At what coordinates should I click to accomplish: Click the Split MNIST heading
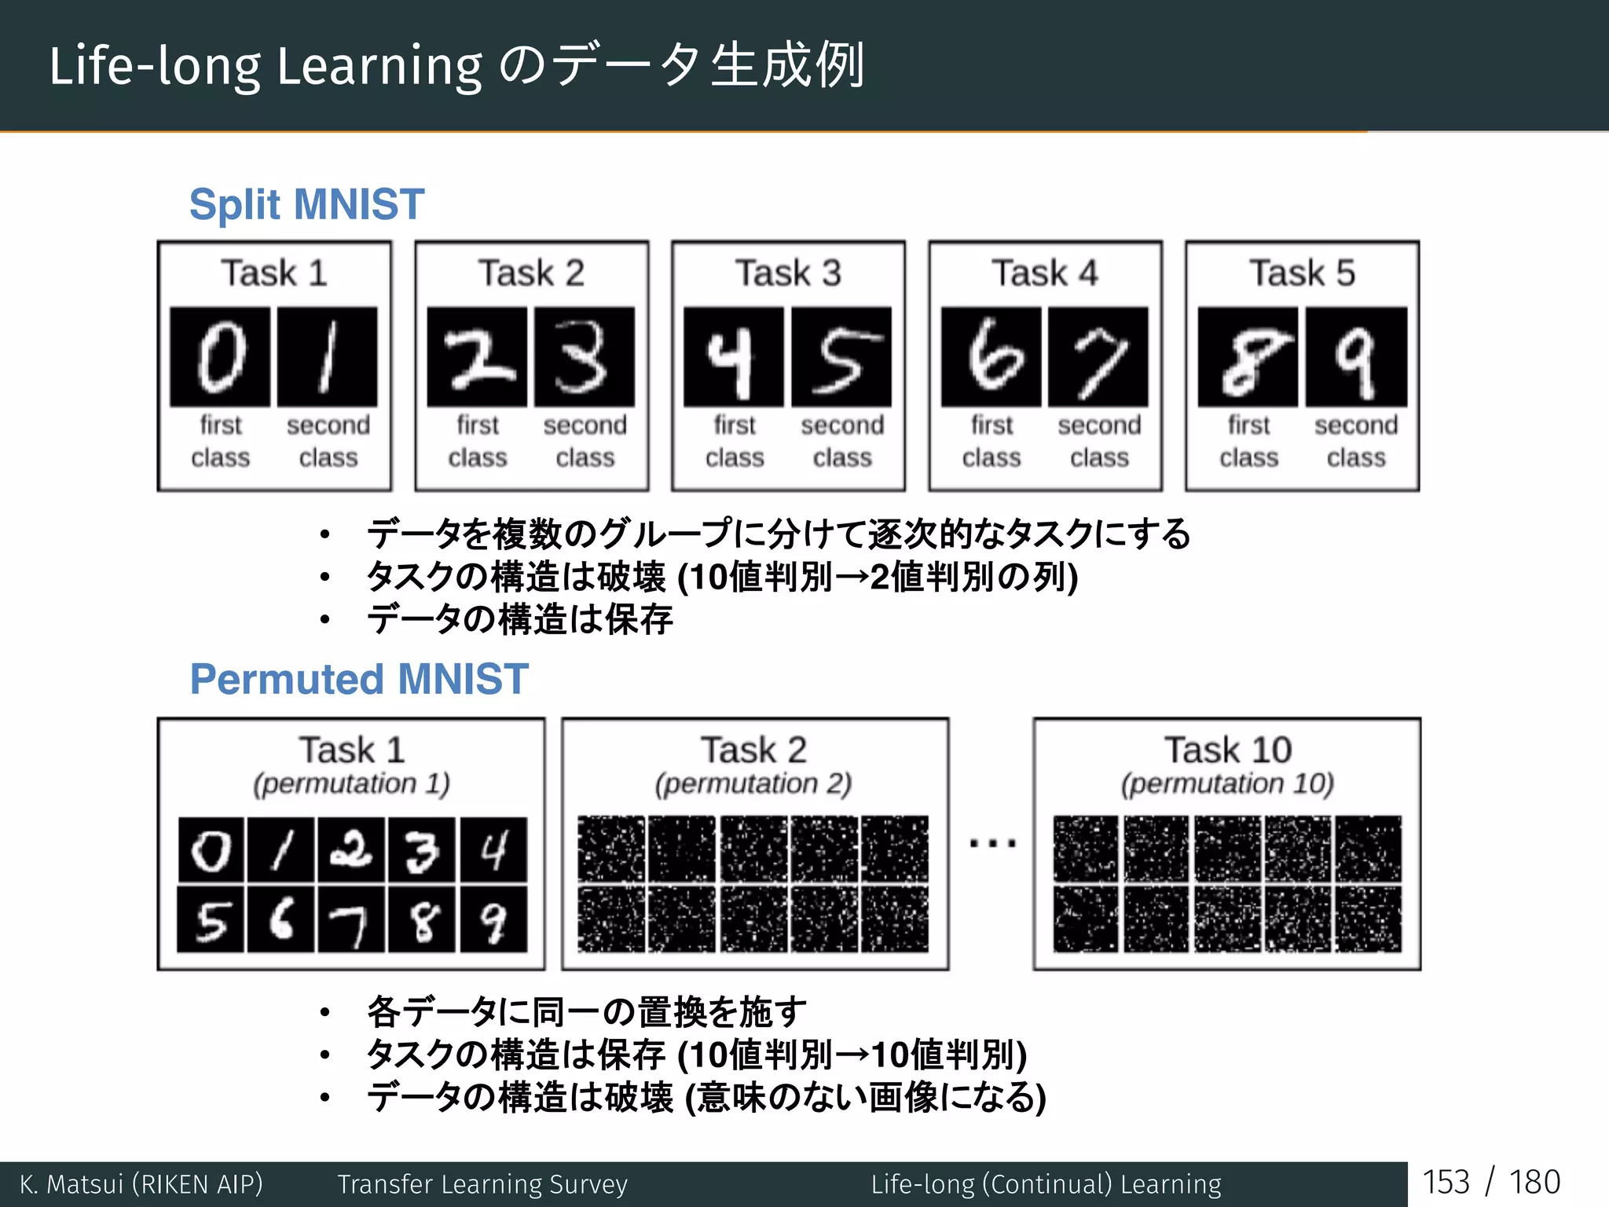pos(306,204)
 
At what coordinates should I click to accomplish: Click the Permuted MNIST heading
pos(359,679)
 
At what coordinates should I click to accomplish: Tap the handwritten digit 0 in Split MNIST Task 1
pos(221,358)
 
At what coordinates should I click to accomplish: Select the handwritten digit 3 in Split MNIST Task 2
pos(584,358)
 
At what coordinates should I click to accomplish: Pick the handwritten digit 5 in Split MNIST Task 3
pos(841,358)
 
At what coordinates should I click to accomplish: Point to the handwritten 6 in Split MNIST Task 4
pos(991,358)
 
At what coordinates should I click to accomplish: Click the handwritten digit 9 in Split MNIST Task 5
pos(1356,358)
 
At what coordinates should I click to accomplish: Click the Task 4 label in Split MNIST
pos(1045,273)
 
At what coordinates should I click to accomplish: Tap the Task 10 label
pos(1227,750)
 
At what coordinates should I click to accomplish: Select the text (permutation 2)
pos(753,783)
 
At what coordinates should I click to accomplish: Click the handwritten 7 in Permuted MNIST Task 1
pos(351,920)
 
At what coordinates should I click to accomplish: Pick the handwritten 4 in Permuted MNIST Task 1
pos(493,850)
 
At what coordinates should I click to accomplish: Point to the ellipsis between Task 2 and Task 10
pos(992,844)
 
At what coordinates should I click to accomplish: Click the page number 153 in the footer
pos(1446,1183)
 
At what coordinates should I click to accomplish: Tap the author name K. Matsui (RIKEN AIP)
pos(141,1184)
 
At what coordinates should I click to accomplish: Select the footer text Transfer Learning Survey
pos(482,1184)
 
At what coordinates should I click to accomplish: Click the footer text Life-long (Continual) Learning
pos(1046,1184)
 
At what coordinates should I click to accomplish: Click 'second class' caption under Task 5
pos(1356,441)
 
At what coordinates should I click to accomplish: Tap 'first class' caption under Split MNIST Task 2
pos(478,441)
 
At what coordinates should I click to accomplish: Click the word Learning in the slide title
pos(379,66)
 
